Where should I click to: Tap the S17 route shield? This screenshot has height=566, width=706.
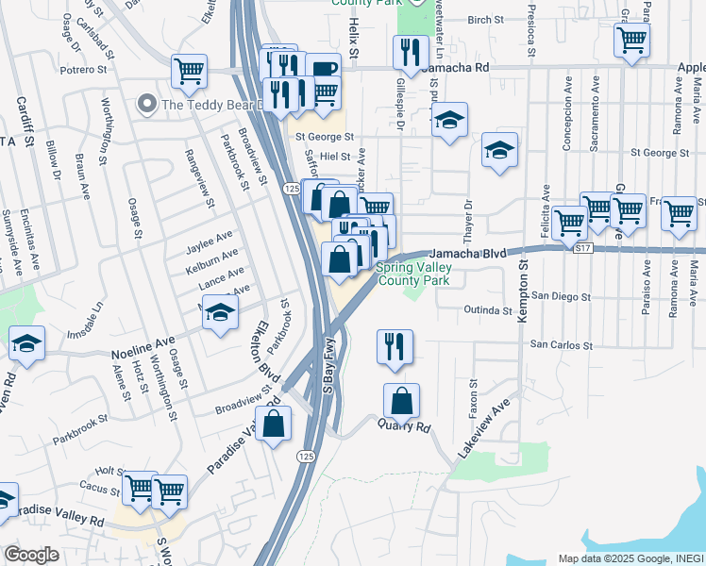582,248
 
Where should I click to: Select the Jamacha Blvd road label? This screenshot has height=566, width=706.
468,254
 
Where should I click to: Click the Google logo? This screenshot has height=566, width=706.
31,555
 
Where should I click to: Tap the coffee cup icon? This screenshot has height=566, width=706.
323,69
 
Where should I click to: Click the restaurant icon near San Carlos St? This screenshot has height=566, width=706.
395,346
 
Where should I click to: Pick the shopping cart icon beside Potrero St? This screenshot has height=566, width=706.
189,70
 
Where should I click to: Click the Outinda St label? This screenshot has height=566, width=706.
487,309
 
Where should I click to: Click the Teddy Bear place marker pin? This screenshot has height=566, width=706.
145,103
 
